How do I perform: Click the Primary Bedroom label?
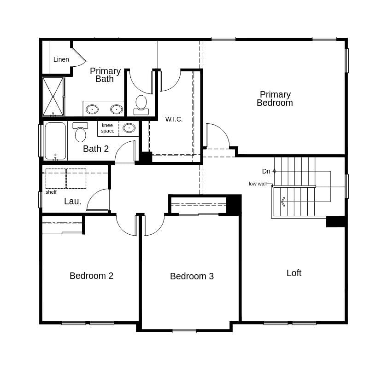pos(275,98)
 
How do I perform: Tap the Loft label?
pos(294,273)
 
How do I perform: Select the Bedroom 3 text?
pos(192,276)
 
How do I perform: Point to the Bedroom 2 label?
pos(91,276)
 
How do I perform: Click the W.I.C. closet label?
pos(174,119)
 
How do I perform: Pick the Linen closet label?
pos(61,59)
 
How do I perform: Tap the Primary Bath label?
pos(105,75)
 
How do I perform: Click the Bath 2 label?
pos(96,149)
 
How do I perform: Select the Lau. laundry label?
pos(73,201)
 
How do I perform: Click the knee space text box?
pos(107,128)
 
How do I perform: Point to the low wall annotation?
pos(258,184)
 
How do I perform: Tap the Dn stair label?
pos(266,171)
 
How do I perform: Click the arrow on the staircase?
pos(283,202)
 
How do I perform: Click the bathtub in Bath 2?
pos(55,141)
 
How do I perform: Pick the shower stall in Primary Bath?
pos(53,97)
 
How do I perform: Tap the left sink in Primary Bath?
pos(92,109)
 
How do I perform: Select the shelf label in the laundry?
pos(51,192)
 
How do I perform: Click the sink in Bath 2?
pos(129,128)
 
